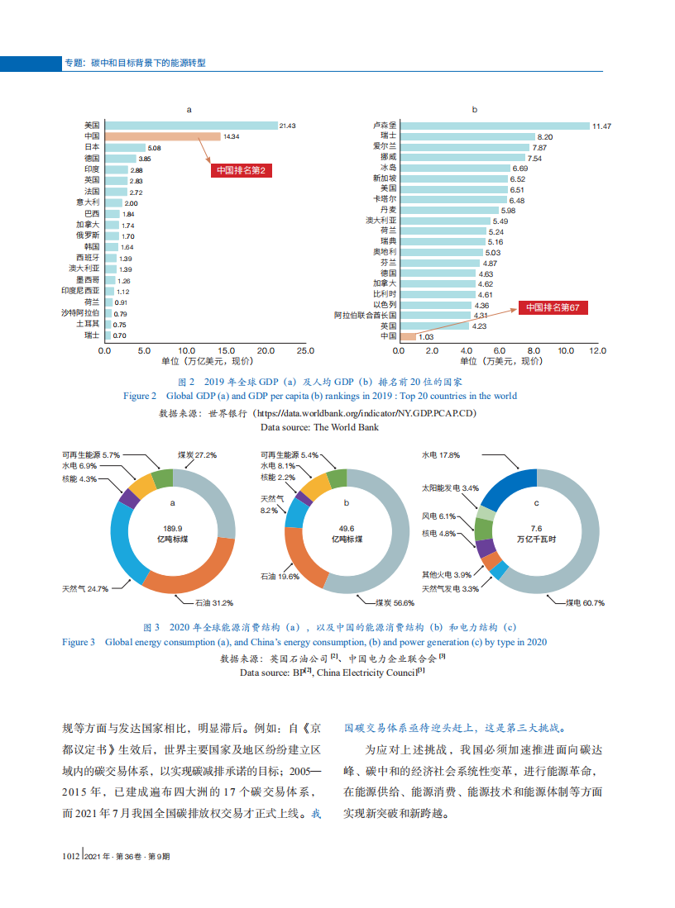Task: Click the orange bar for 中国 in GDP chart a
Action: point(162,135)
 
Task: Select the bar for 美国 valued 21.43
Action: point(191,125)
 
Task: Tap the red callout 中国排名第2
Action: point(241,170)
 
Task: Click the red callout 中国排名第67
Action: point(553,307)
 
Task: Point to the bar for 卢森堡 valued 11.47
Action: point(494,126)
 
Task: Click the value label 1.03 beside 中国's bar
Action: point(426,337)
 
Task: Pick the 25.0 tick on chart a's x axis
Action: point(305,350)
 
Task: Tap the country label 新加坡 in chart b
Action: point(385,178)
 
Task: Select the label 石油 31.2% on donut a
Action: point(213,602)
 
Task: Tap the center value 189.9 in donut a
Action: point(173,528)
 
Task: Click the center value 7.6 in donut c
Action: point(536,528)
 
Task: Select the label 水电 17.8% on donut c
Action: point(440,455)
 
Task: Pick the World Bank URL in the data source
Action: point(365,411)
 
